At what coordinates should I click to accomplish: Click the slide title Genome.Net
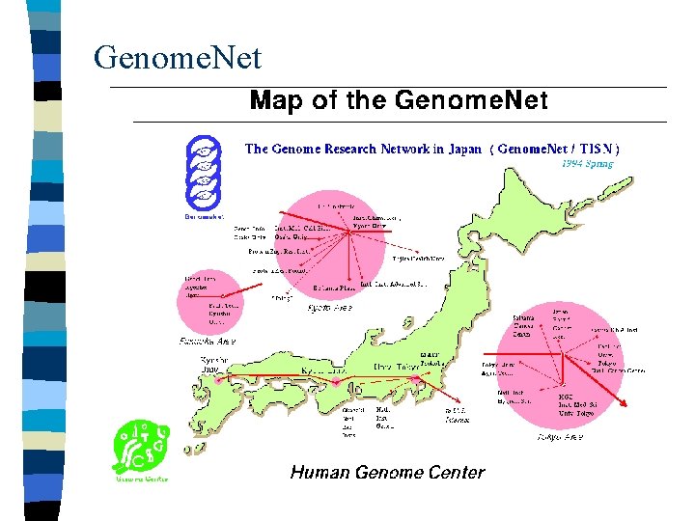(x=178, y=59)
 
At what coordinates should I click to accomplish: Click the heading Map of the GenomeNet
(x=399, y=100)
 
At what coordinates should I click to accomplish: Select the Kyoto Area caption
(x=329, y=308)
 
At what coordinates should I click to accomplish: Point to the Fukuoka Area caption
(x=208, y=341)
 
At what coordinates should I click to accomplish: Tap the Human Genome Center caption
(x=387, y=472)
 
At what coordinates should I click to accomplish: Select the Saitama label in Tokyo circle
(x=523, y=317)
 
